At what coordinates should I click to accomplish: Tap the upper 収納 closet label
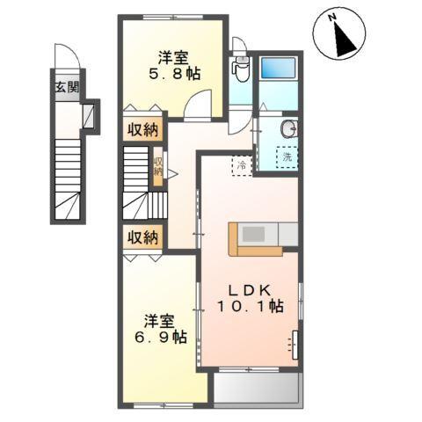pos(142,131)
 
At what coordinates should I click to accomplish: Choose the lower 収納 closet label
pos(142,236)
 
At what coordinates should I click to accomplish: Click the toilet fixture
pos(239,69)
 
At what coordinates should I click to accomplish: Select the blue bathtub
pos(282,68)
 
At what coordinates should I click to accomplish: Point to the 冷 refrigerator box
pos(241,164)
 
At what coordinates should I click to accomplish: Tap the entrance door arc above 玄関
pos(66,56)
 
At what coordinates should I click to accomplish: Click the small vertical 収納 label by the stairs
pos(158,166)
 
